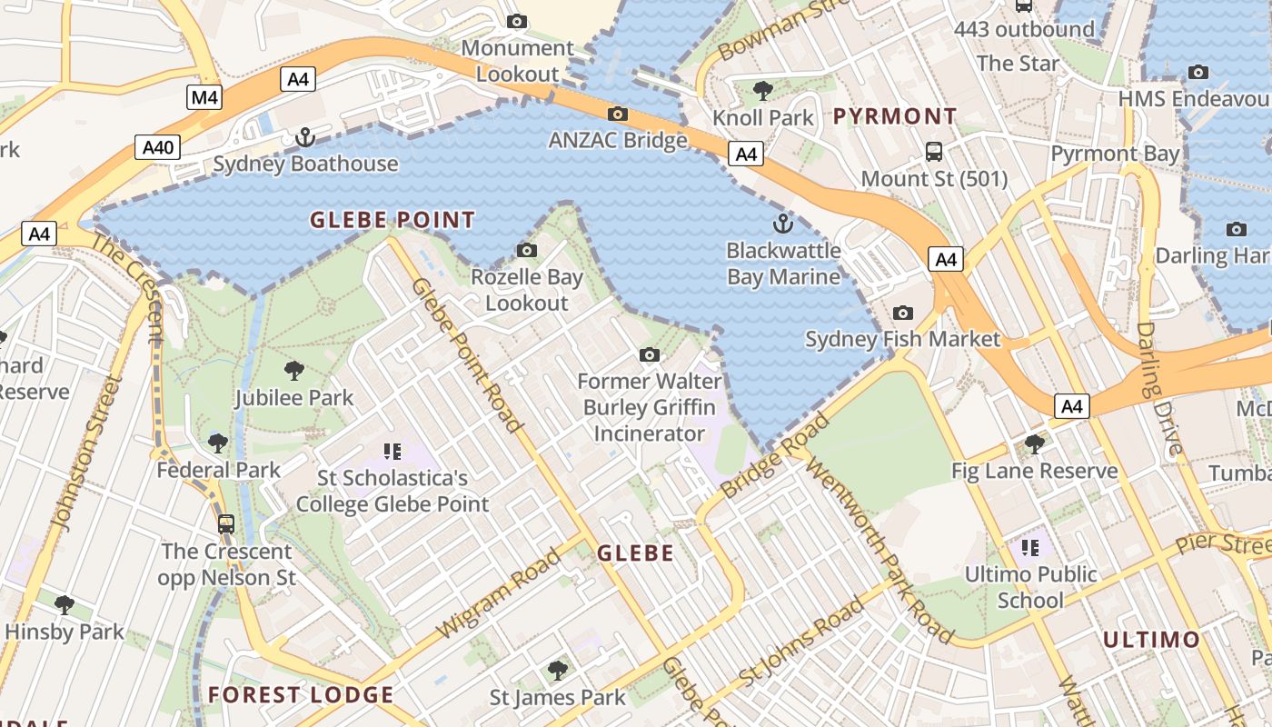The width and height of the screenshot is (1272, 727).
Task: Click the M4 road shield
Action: pyautogui.click(x=204, y=97)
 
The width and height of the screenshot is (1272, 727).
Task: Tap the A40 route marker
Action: pyautogui.click(x=158, y=147)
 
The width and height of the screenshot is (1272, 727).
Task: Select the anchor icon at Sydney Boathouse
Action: pyautogui.click(x=305, y=137)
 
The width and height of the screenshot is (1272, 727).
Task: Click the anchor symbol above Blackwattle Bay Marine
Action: pyautogui.click(x=782, y=223)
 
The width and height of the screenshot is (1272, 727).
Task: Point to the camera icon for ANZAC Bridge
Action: pyautogui.click(x=618, y=114)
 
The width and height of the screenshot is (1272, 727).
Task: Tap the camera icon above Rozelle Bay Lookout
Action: pyautogui.click(x=526, y=250)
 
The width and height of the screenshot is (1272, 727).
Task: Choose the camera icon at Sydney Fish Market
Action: pyautogui.click(x=902, y=313)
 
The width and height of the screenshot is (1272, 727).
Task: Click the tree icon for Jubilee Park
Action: pyautogui.click(x=293, y=370)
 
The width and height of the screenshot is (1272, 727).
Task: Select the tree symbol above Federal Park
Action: pyautogui.click(x=218, y=443)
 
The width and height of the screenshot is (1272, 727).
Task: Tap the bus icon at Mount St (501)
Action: pyautogui.click(x=933, y=151)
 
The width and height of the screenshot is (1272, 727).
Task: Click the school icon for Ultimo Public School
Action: pyautogui.click(x=1029, y=547)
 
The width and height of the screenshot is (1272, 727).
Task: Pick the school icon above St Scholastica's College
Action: pyautogui.click(x=393, y=451)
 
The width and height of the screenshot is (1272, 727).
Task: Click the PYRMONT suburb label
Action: pyautogui.click(x=895, y=116)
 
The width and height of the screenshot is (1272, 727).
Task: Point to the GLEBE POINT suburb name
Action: pyautogui.click(x=393, y=220)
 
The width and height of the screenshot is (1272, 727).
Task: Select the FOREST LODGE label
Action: pyautogui.click(x=301, y=695)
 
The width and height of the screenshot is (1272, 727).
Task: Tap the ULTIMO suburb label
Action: pyautogui.click(x=1151, y=640)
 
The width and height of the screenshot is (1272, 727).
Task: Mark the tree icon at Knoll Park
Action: pyautogui.click(x=763, y=90)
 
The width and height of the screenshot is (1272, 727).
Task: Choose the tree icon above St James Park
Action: pyautogui.click(x=558, y=671)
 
